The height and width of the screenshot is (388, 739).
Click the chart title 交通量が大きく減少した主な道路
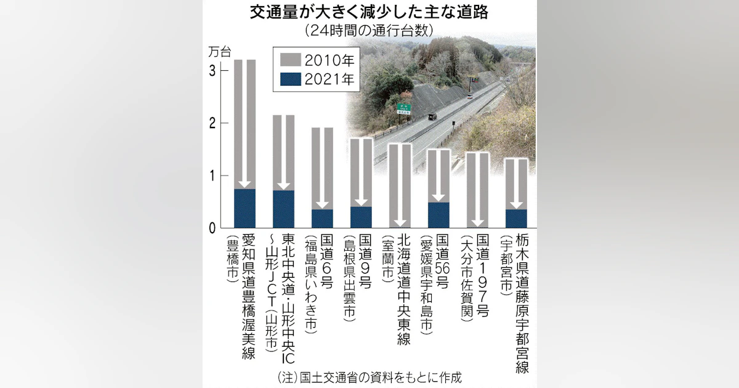point(369,12)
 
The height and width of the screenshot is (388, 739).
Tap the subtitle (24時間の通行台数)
point(369,31)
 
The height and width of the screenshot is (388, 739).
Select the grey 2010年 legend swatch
point(290,60)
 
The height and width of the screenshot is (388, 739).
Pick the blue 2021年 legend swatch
point(290,79)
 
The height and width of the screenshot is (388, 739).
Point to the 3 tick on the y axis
point(212,71)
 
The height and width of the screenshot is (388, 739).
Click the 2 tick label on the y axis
point(212,123)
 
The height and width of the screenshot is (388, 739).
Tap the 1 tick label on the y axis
point(212,176)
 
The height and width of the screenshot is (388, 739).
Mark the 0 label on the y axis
point(212,228)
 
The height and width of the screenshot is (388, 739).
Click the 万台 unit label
point(220,52)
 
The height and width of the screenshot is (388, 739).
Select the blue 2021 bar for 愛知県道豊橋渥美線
point(245,209)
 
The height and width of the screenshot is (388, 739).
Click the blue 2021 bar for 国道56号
point(438,215)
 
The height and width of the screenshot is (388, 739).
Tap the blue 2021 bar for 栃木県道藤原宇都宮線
point(516,219)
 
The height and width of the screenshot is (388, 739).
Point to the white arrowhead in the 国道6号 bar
point(322,204)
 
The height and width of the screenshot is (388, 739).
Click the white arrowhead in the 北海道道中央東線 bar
point(400,223)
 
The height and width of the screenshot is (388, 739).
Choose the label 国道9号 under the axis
point(365,261)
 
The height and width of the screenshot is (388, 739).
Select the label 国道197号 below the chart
point(482,275)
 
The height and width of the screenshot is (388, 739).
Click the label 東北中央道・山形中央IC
point(288,299)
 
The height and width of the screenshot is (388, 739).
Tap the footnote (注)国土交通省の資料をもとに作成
point(369,378)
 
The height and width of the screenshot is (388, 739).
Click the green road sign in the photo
point(403,108)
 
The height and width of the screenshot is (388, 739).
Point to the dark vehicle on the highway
point(432,116)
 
